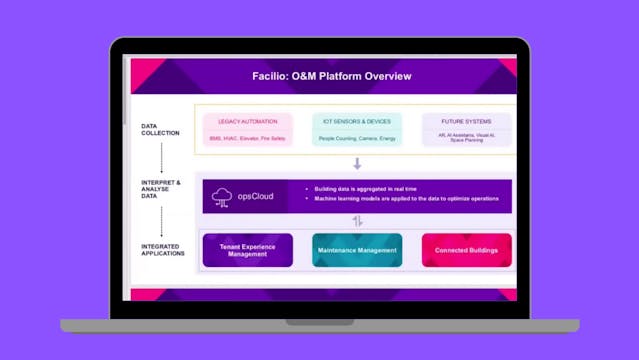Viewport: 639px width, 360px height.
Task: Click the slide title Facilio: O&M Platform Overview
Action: click(331, 76)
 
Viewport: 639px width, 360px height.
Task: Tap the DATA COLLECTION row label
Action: click(161, 130)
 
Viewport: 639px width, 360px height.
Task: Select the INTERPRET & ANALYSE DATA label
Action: click(161, 187)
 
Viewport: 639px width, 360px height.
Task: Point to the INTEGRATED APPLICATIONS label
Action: click(162, 250)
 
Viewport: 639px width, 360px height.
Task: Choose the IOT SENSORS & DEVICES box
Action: click(357, 129)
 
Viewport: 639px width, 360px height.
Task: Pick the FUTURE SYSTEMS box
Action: click(466, 129)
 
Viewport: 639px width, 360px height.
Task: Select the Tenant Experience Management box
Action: click(247, 250)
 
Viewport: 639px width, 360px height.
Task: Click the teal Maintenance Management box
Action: click(357, 250)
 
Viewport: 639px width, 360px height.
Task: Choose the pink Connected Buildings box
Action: click(466, 250)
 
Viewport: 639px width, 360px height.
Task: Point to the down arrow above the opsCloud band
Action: click(357, 163)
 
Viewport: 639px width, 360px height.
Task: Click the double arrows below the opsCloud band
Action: click(357, 222)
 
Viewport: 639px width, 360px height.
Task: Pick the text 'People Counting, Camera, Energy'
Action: click(357, 139)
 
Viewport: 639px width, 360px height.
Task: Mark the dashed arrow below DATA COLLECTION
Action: click(161, 156)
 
